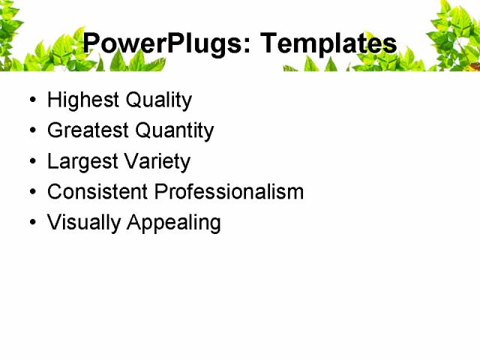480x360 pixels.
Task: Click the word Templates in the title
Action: pyautogui.click(x=328, y=43)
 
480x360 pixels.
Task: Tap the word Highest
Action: pyautogui.click(x=78, y=100)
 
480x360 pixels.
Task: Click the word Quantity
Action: pyautogui.click(x=175, y=131)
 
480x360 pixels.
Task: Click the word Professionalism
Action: pyautogui.click(x=229, y=192)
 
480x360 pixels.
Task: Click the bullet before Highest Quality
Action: pyautogui.click(x=31, y=100)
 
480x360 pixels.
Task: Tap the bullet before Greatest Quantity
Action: pyautogui.click(x=31, y=131)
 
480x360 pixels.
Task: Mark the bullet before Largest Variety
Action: pyautogui.click(x=31, y=162)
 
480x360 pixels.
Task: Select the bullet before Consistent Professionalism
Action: pyautogui.click(x=31, y=193)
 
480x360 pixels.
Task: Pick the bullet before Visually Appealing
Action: pyautogui.click(x=31, y=223)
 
